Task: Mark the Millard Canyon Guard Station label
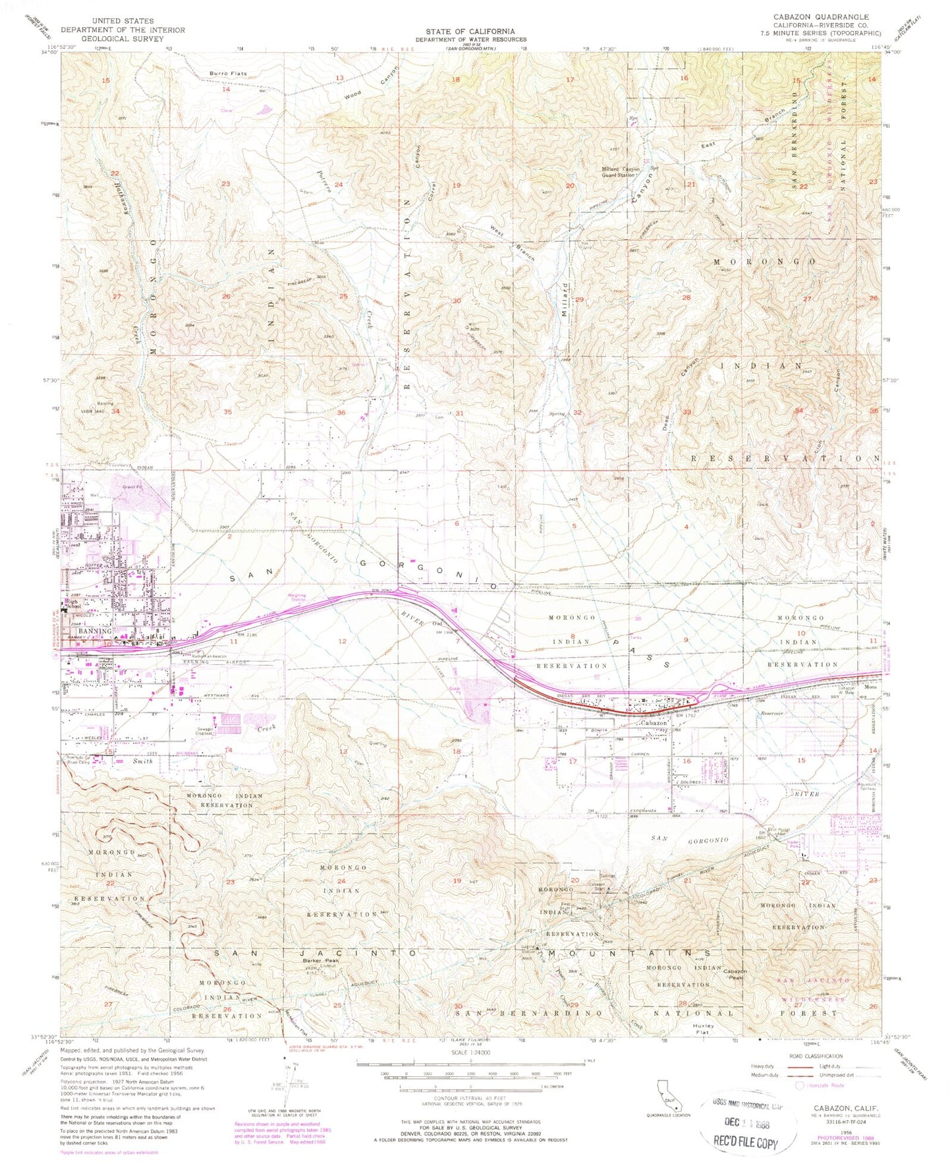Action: [x=620, y=172]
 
